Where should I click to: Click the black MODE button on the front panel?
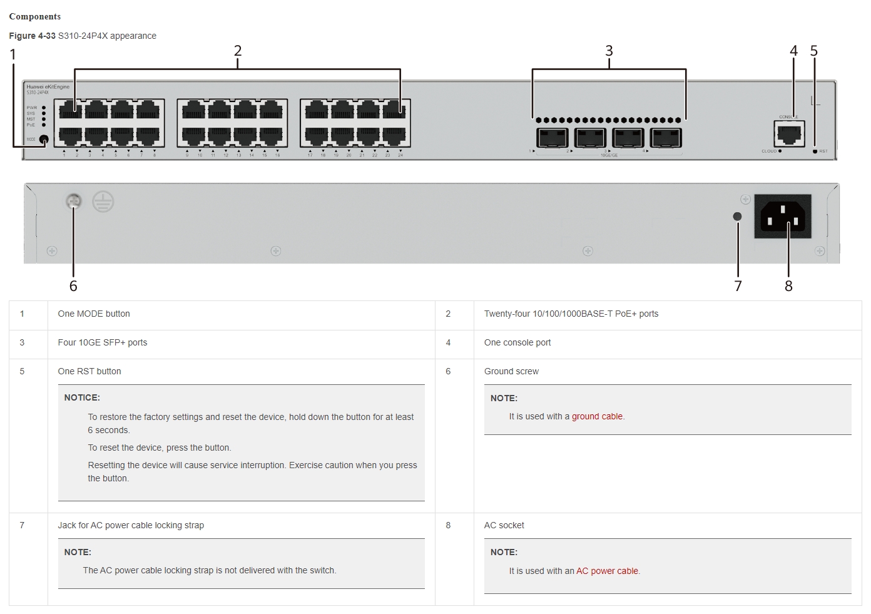pos(44,140)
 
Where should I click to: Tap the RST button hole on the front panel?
pos(815,151)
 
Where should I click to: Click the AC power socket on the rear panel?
pos(782,217)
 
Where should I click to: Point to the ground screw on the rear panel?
pos(74,202)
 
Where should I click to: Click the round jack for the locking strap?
pos(737,217)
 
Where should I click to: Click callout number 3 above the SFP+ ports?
pos(609,51)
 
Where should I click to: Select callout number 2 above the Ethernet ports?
pos(238,51)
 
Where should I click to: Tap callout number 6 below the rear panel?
pos(73,286)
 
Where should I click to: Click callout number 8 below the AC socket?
pos(788,286)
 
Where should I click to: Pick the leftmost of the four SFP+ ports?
pos(552,138)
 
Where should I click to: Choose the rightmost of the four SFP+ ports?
pos(666,138)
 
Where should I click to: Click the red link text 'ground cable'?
pos(597,416)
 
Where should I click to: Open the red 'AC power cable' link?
pos(607,571)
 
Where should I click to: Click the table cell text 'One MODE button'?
pos(94,314)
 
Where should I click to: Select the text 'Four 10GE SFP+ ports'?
pos(103,342)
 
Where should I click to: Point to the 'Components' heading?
pos(35,16)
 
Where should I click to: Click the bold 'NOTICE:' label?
pos(82,397)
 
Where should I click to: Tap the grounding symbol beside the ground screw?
pos(103,202)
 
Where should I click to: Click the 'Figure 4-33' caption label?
pos(32,36)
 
